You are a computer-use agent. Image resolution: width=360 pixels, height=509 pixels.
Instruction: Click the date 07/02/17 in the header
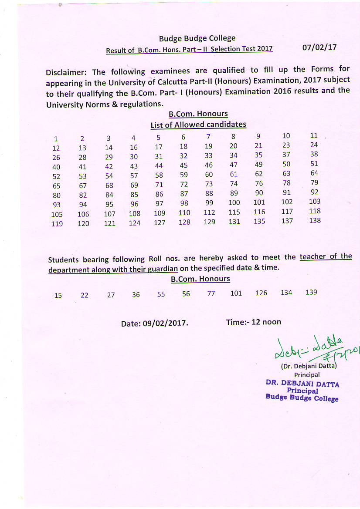point(319,47)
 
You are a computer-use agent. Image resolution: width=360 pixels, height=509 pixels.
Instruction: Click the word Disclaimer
point(65,72)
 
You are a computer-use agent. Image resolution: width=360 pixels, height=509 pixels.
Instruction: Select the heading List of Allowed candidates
point(198,125)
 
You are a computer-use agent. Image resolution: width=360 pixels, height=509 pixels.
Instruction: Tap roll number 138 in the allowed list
point(315,221)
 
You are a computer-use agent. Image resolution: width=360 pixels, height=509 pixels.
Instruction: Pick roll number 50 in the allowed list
point(286,164)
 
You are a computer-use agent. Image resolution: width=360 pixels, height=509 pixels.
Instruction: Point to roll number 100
point(234,202)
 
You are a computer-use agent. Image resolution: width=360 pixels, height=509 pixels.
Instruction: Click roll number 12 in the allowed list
point(56,148)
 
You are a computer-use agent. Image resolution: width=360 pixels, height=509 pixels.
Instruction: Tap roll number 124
point(135,223)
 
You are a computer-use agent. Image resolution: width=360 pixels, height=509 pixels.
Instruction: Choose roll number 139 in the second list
point(311,292)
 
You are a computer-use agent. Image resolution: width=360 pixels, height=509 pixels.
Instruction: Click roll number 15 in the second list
point(58,296)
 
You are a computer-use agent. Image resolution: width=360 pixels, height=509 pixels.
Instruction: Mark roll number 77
point(211,293)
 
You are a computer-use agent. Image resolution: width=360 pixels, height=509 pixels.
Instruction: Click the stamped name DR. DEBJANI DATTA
point(302,384)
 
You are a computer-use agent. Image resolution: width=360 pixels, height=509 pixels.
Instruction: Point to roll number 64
point(314,173)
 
